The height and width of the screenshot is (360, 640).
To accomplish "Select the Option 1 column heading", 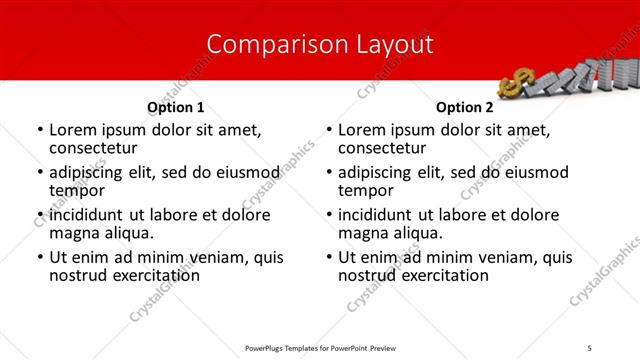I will point(176,107).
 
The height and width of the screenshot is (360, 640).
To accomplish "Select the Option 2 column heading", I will point(465,107).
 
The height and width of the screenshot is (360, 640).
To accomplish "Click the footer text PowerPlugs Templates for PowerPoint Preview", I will point(320,348).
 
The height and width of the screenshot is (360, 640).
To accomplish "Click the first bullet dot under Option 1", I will point(39,131).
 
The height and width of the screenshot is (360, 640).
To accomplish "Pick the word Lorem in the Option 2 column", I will point(363,130).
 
